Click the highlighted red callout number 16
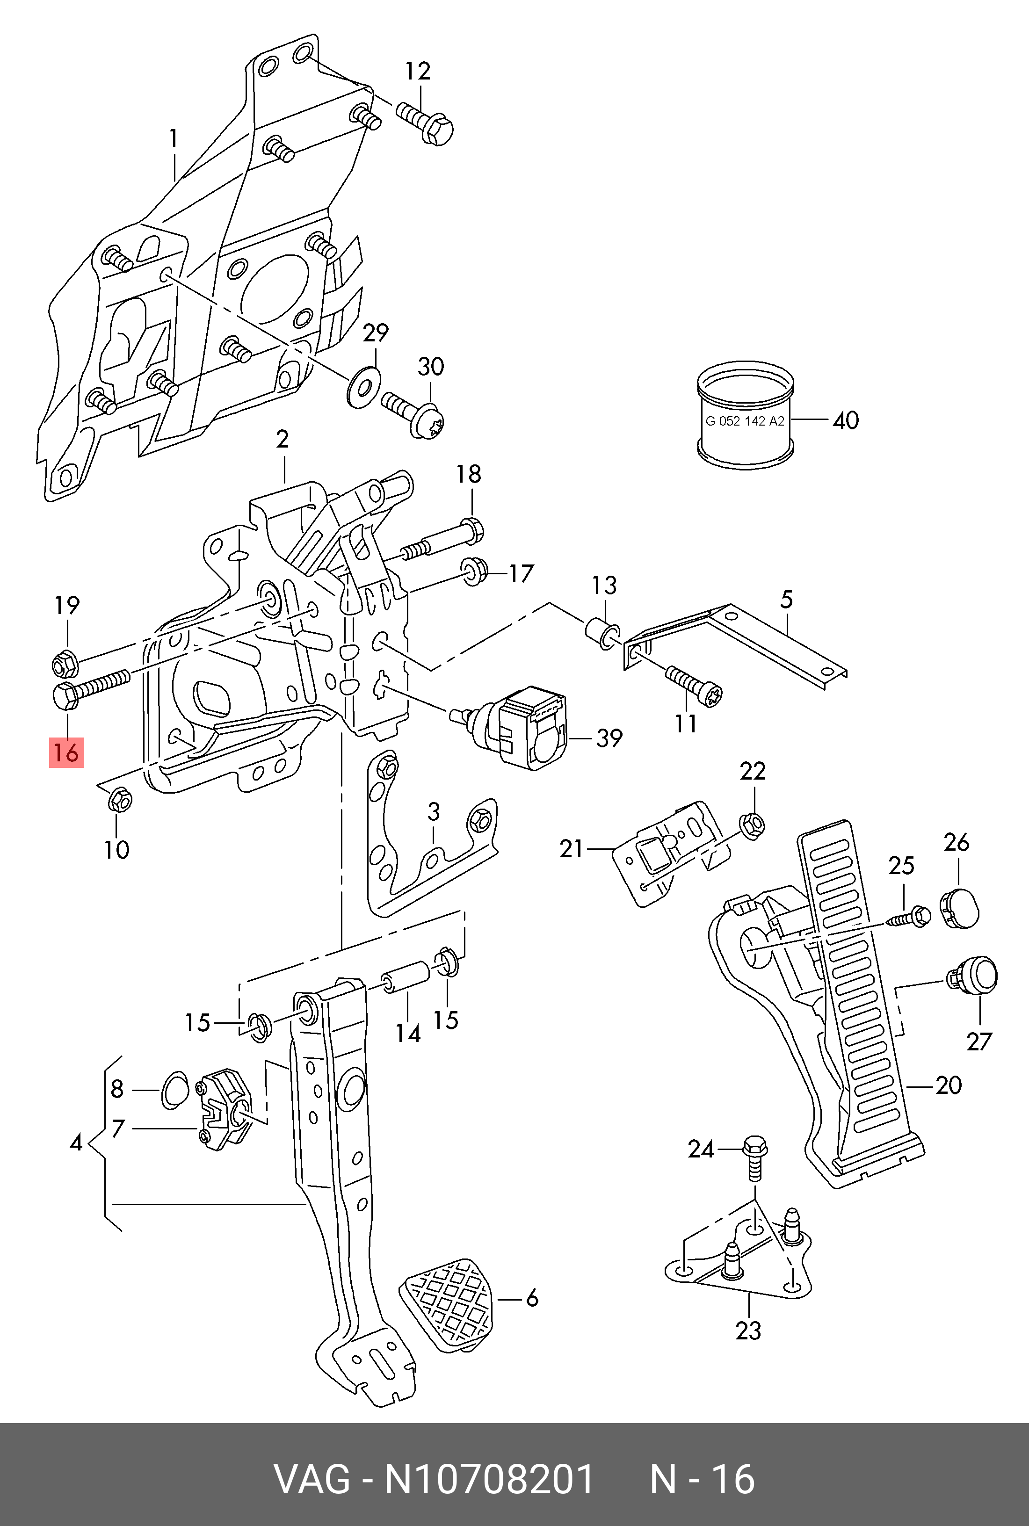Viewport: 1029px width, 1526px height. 66,752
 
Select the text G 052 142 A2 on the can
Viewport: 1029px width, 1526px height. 744,421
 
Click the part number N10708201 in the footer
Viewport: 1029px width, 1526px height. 489,1479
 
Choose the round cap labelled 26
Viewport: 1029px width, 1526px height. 959,907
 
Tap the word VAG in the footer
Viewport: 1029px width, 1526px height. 312,1479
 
